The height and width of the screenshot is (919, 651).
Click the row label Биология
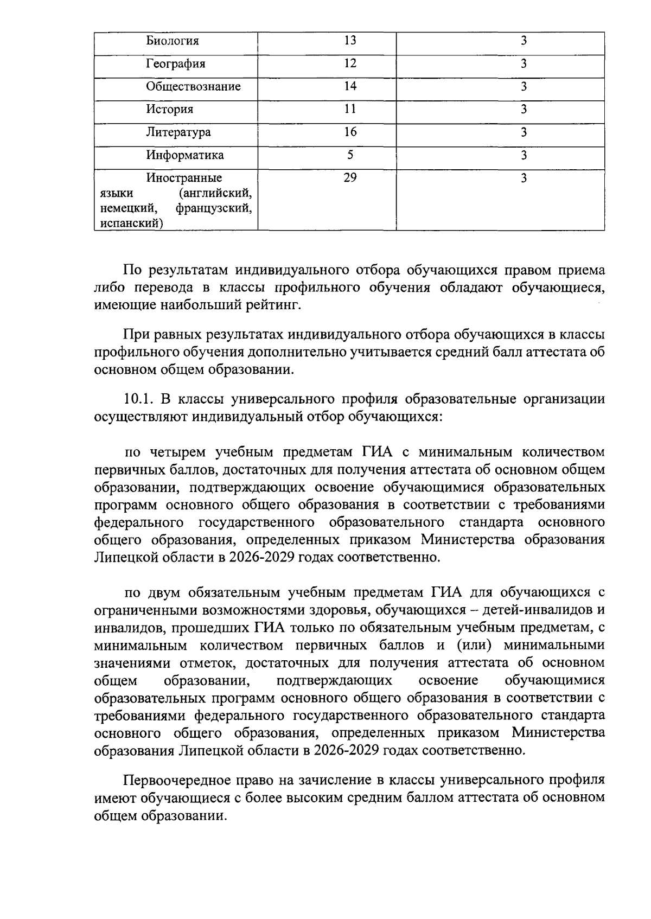(x=173, y=41)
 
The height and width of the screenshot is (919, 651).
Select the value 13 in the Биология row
(x=350, y=40)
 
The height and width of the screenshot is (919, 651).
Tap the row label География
(x=175, y=64)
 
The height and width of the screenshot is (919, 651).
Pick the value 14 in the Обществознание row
(x=350, y=86)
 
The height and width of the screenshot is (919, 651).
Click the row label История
(x=169, y=110)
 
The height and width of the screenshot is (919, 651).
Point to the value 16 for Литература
(x=350, y=132)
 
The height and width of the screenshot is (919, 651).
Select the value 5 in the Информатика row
(x=350, y=155)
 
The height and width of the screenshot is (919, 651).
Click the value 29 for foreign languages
(x=350, y=177)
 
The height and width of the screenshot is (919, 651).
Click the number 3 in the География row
(x=524, y=64)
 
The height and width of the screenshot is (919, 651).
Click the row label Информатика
(x=184, y=156)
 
